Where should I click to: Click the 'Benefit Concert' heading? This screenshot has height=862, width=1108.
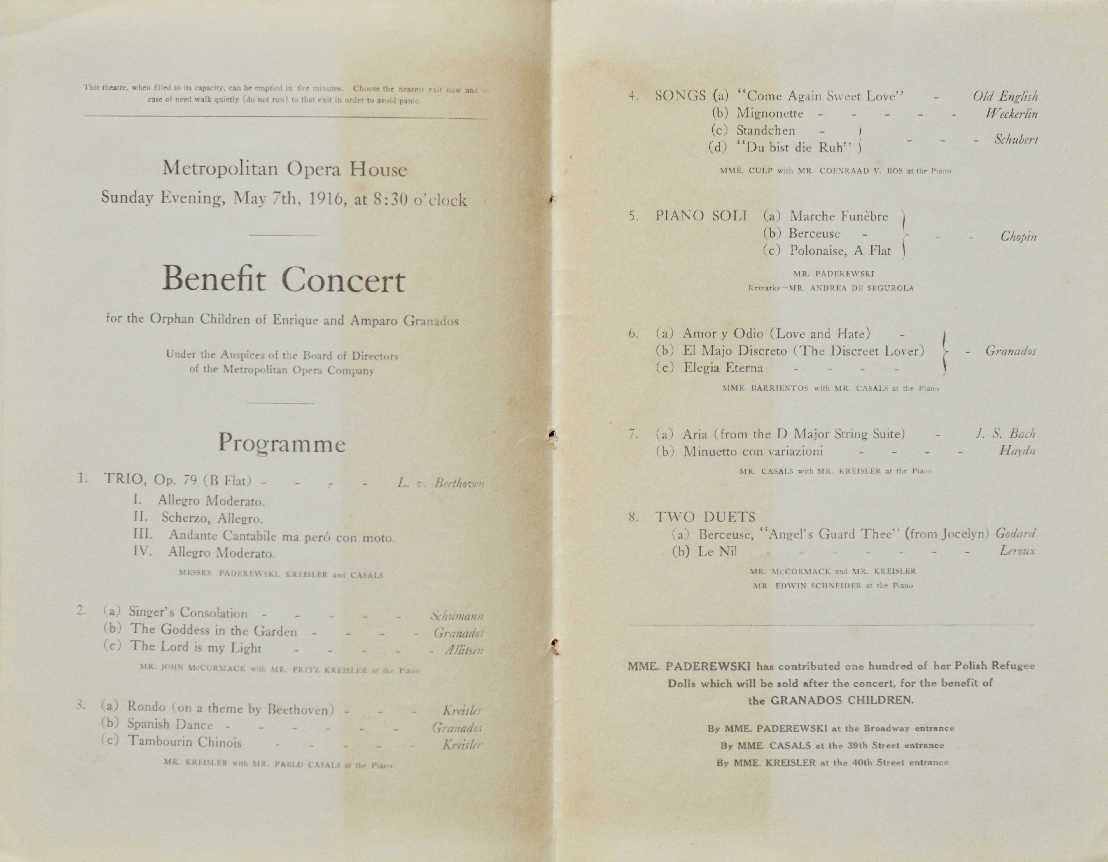(x=283, y=280)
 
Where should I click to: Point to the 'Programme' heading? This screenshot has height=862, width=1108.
(x=281, y=443)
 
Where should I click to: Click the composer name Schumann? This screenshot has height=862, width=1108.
(x=457, y=616)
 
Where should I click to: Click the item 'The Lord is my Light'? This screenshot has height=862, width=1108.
(x=196, y=647)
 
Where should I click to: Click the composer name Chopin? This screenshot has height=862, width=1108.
(x=1018, y=236)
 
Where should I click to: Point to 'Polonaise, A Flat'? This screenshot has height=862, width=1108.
(x=840, y=251)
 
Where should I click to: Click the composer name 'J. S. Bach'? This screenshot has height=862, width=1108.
(x=1004, y=433)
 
